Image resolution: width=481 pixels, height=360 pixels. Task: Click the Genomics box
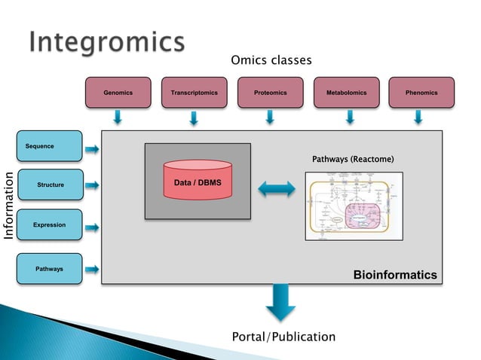[118, 93]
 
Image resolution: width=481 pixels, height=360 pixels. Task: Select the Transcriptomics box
[194, 93]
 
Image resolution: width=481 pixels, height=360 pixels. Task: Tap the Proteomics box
[270, 93]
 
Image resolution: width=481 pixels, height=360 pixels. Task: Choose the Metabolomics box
[346, 93]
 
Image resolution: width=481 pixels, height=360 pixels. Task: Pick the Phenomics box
[421, 93]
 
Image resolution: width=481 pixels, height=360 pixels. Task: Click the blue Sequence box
[49, 146]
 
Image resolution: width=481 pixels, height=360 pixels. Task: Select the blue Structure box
[49, 185]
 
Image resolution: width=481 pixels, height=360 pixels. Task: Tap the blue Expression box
[49, 225]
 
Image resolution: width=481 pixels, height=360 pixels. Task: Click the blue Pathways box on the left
[49, 269]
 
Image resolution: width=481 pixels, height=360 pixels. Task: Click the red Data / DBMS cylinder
[198, 181]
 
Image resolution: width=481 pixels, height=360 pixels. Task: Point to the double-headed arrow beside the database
[277, 190]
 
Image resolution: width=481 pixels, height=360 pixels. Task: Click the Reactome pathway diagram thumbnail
[354, 206]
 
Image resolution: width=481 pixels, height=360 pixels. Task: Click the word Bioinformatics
[395, 275]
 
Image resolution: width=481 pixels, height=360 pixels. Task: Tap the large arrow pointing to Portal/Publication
[280, 302]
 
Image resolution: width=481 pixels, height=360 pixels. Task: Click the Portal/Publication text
[283, 337]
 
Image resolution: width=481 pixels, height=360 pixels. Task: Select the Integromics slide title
[106, 43]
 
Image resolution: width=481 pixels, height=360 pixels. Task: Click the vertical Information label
[10, 207]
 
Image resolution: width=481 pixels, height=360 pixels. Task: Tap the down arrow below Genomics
[118, 117]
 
